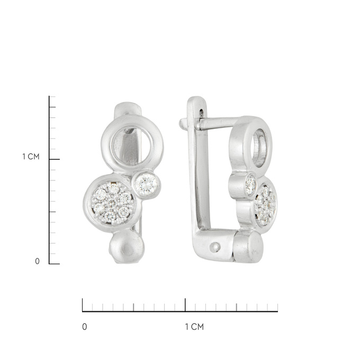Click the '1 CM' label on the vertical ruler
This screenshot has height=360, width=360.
[x=31, y=157]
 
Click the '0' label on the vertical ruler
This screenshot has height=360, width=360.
[x=37, y=262]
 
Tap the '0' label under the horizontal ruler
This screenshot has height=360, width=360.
[x=85, y=327]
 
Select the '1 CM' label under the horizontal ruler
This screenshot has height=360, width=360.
[x=194, y=327]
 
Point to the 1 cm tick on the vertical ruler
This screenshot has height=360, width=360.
[x=55, y=159]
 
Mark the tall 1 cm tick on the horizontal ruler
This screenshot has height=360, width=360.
[x=185, y=305]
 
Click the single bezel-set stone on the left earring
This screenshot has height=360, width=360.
[x=146, y=184]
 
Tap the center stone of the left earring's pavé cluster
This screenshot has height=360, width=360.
[x=111, y=203]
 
